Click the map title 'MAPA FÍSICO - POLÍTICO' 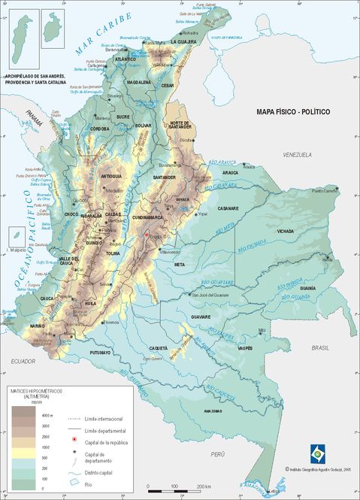point(293,112)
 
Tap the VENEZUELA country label point(297,154)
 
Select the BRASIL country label point(322,348)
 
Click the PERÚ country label point(218,455)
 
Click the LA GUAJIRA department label point(183,42)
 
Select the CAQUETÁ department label point(159,349)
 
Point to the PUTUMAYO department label point(101,352)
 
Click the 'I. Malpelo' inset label point(17,249)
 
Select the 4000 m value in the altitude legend point(47,415)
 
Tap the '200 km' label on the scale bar point(202,487)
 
